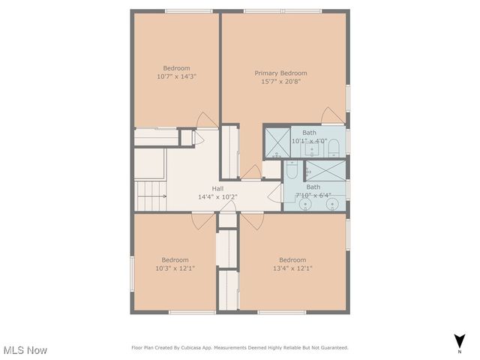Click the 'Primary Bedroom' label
click(x=280, y=73)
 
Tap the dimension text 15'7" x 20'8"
click(x=280, y=82)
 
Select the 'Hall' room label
click(x=217, y=188)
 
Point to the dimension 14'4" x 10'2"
click(x=217, y=197)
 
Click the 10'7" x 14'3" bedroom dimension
click(x=176, y=76)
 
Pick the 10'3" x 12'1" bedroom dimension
click(x=175, y=268)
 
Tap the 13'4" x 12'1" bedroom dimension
click(x=292, y=268)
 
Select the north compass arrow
click(x=458, y=340)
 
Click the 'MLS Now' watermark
click(x=25, y=350)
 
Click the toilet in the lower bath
click(x=292, y=171)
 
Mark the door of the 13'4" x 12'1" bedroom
click(x=248, y=220)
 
